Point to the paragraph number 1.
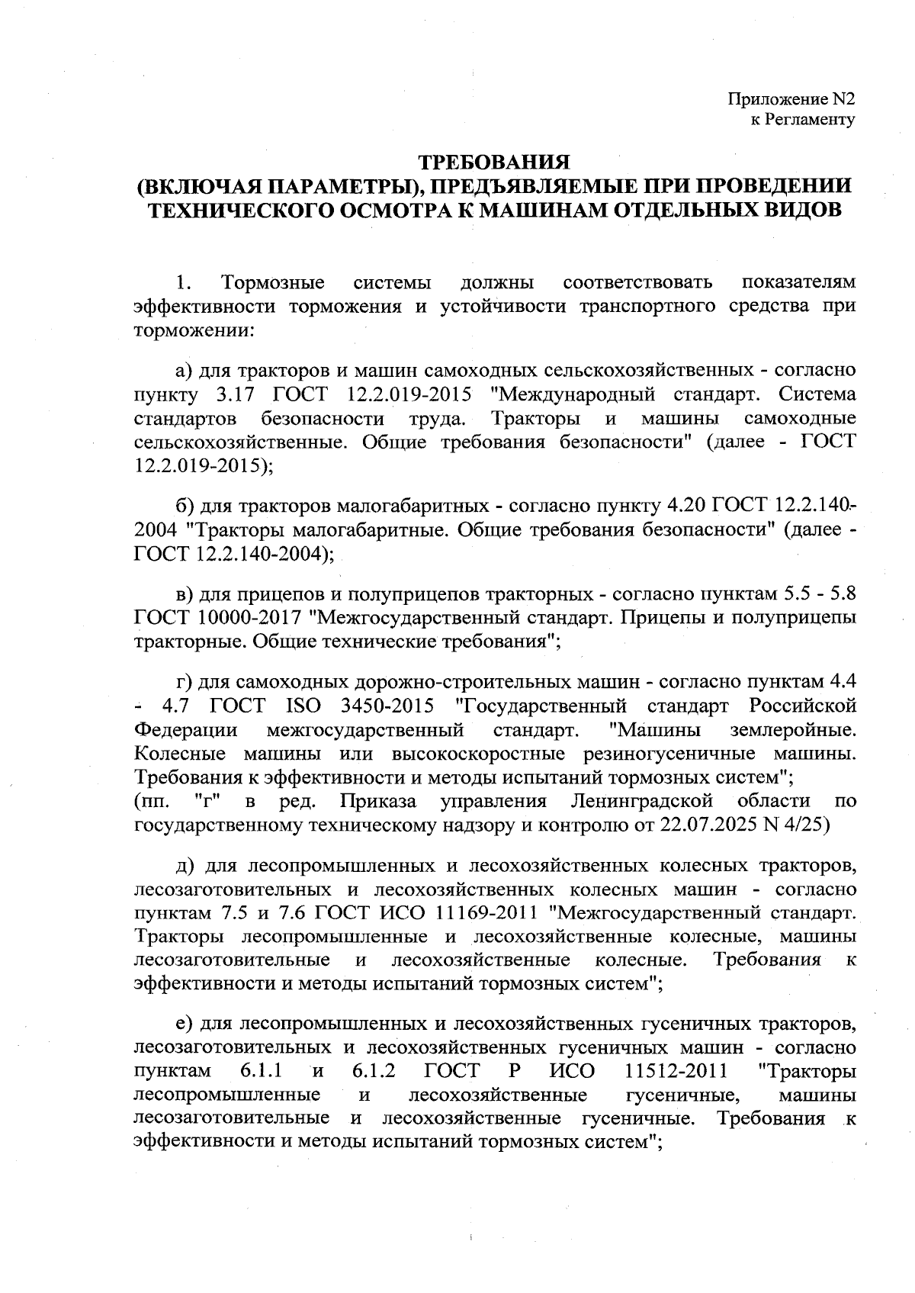[x=182, y=283]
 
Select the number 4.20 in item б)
[x=689, y=505]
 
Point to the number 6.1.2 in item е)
[x=374, y=1071]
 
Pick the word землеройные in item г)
[x=792, y=730]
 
